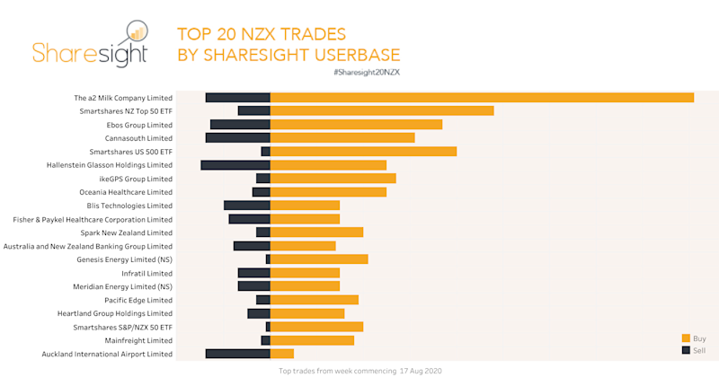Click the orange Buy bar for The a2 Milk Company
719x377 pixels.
(482, 97)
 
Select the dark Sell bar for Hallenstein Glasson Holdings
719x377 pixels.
(235, 165)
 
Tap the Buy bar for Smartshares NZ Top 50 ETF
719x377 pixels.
(382, 110)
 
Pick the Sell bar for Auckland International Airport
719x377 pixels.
(238, 354)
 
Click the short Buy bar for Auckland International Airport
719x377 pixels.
(282, 354)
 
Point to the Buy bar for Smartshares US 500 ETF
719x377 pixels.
(363, 152)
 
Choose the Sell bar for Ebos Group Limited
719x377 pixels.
(240, 125)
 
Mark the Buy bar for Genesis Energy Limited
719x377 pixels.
(319, 259)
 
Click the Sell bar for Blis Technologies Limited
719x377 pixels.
(247, 206)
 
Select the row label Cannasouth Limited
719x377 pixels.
(138, 138)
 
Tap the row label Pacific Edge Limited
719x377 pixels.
(138, 300)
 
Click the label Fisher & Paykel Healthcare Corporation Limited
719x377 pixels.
(93, 219)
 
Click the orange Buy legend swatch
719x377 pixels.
(686, 338)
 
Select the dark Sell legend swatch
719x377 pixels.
(686, 349)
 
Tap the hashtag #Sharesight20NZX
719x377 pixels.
(366, 71)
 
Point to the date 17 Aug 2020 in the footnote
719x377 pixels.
(421, 370)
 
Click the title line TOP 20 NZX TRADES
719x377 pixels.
(262, 35)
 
